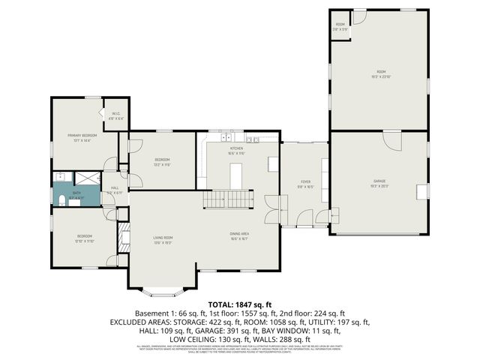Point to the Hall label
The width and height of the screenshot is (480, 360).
pyautogui.click(x=115, y=188)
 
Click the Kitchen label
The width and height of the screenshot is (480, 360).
pyautogui.click(x=237, y=148)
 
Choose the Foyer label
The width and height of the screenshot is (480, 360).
pyautogui.click(x=306, y=181)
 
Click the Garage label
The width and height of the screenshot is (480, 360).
pyautogui.click(x=379, y=181)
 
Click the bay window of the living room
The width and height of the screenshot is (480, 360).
pyautogui.click(x=163, y=287)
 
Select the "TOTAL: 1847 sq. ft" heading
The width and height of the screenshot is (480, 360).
pyautogui.click(x=239, y=303)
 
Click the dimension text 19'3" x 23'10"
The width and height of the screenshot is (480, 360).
pyautogui.click(x=379, y=77)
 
